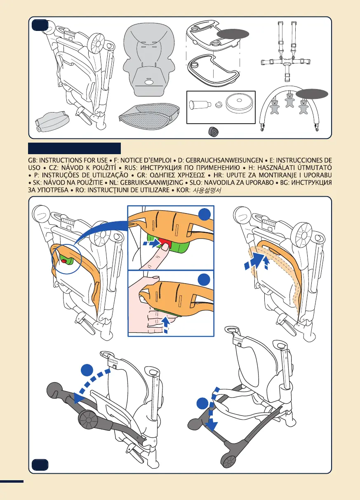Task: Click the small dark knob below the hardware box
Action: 213,131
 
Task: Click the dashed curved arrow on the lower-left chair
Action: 92,381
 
